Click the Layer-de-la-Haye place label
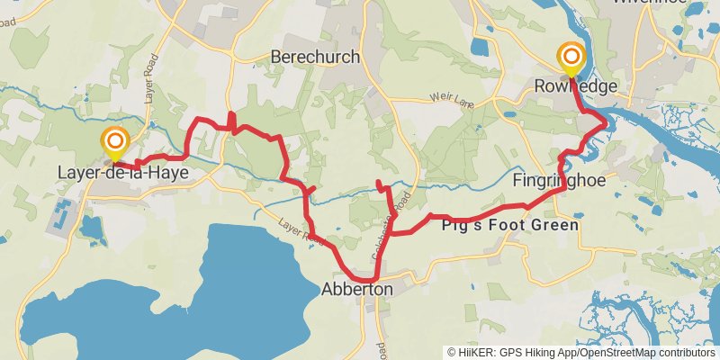(x=115, y=174)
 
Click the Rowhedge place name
(x=576, y=85)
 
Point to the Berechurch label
(x=315, y=58)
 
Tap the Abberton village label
(x=357, y=290)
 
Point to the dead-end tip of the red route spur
(x=378, y=184)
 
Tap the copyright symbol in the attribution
(x=452, y=353)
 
